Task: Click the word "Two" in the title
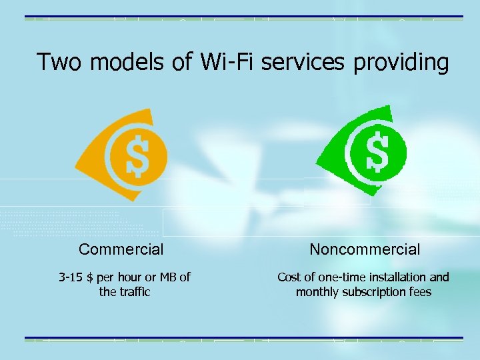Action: (x=60, y=63)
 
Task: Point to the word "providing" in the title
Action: (x=401, y=63)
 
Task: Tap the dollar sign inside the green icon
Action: (x=378, y=151)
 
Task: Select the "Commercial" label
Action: (x=121, y=250)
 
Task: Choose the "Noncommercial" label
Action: (x=365, y=250)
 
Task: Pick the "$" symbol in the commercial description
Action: (x=90, y=277)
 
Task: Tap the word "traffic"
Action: (x=135, y=292)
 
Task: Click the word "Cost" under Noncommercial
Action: (x=289, y=277)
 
